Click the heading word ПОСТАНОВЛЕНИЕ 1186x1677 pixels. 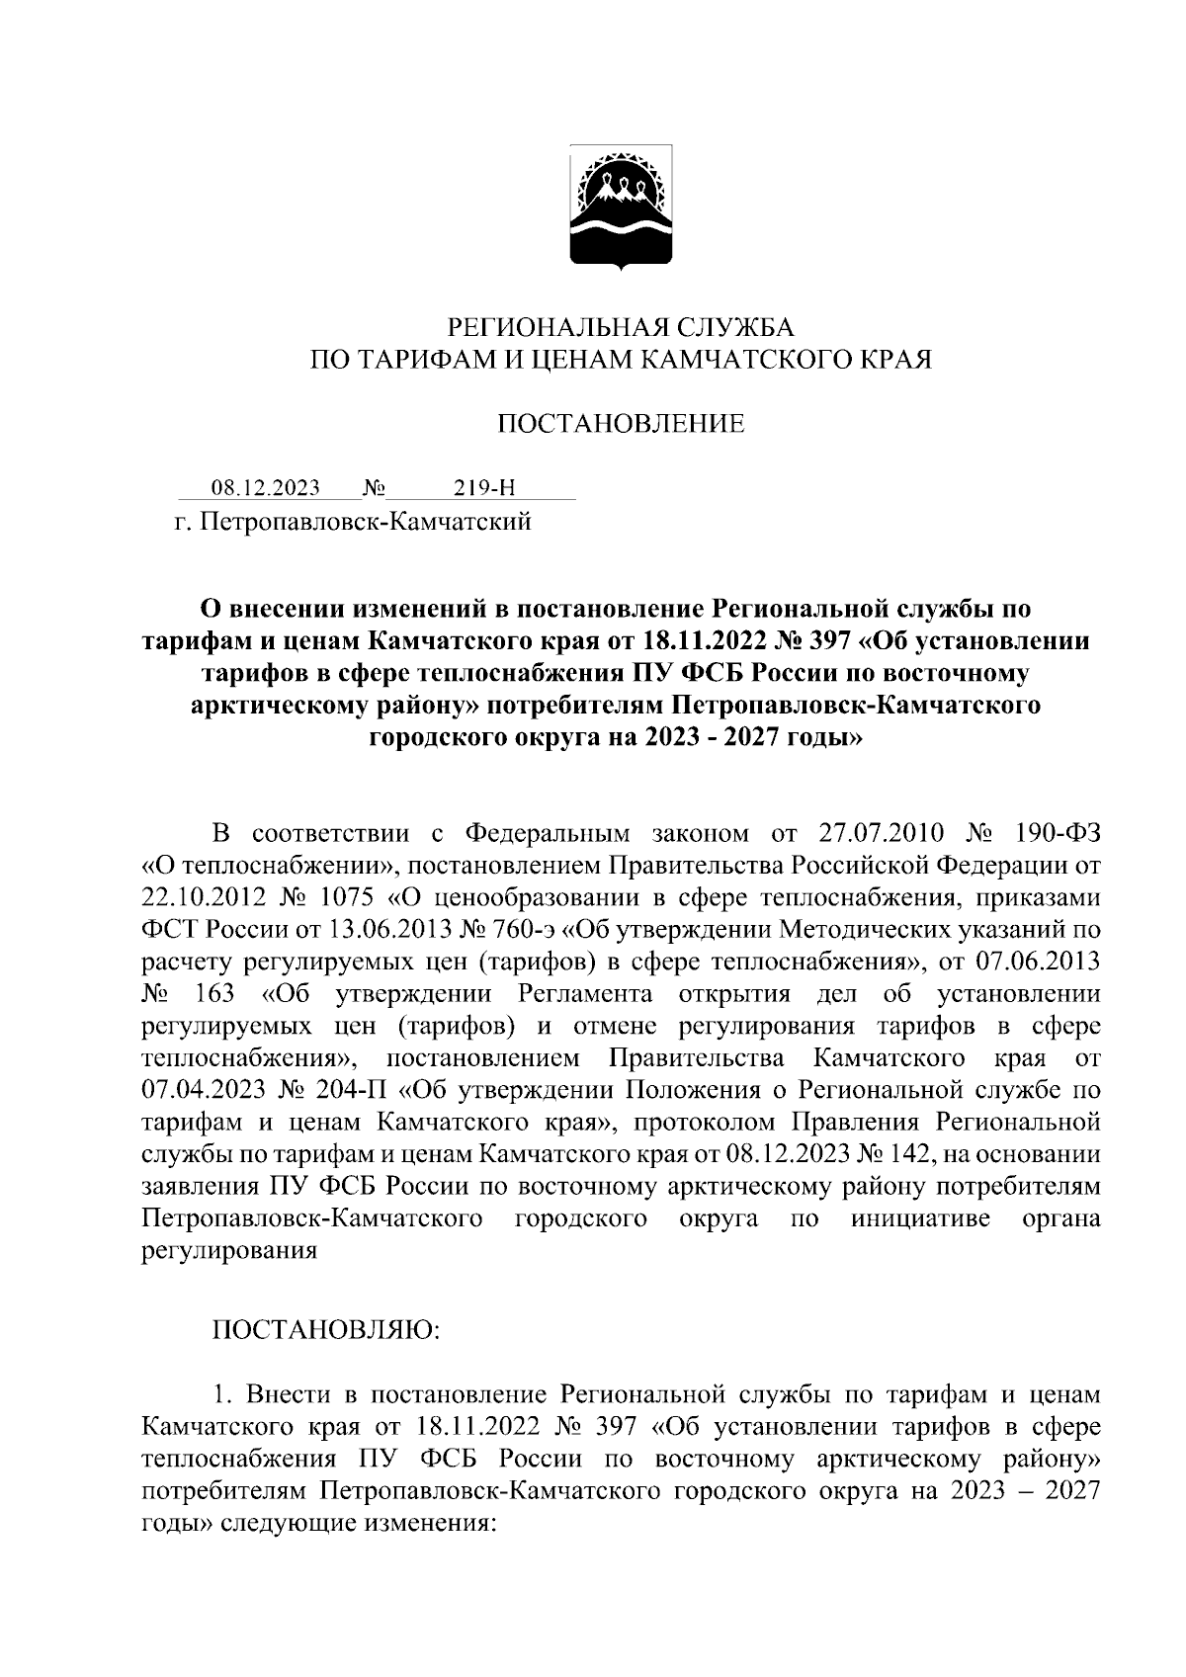click(x=621, y=425)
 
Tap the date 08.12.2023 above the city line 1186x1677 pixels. click(x=266, y=488)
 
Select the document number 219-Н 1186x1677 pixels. click(x=484, y=488)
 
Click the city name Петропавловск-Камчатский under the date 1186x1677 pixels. click(x=367, y=521)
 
